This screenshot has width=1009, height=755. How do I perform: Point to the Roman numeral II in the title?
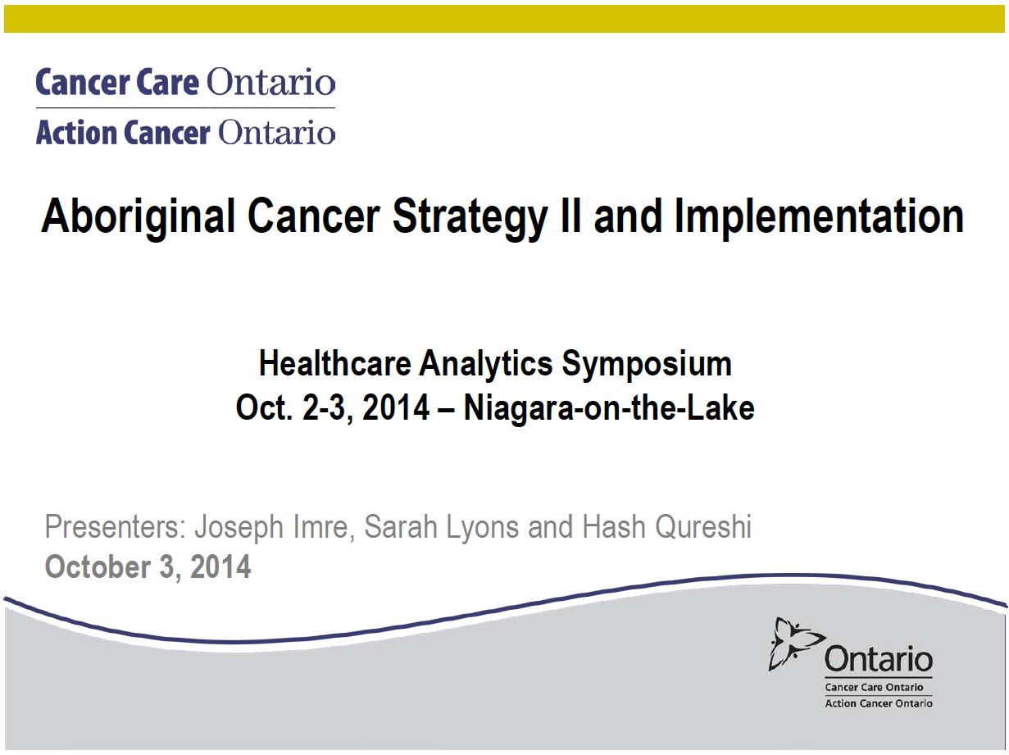pyautogui.click(x=570, y=215)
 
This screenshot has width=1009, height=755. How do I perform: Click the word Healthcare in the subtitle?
pyautogui.click(x=335, y=363)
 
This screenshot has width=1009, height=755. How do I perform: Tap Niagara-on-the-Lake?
pyautogui.click(x=609, y=409)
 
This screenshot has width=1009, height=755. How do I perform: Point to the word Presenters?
pyautogui.click(x=115, y=526)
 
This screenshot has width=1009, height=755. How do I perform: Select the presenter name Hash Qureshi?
pyautogui.click(x=667, y=528)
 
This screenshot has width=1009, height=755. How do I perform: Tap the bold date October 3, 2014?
pyautogui.click(x=148, y=567)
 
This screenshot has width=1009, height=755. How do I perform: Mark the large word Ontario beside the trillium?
pyautogui.click(x=879, y=659)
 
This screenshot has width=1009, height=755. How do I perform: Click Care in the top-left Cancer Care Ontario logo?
pyautogui.click(x=168, y=83)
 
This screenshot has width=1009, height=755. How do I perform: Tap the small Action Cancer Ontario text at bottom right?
pyautogui.click(x=879, y=703)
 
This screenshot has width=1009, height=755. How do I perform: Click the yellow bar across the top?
pyautogui.click(x=504, y=19)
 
